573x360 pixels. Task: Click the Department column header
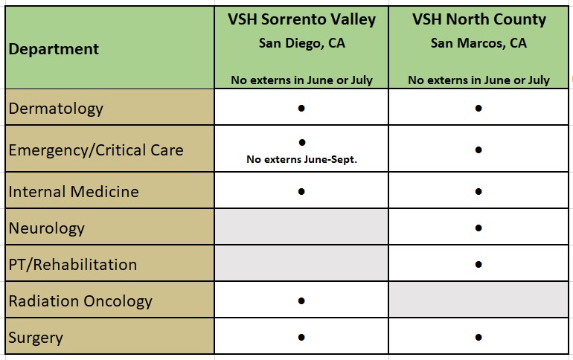click(54, 49)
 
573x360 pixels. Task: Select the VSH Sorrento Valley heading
click(301, 20)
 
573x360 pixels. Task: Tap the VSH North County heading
click(478, 20)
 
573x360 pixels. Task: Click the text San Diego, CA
click(302, 43)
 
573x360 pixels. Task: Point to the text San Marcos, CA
click(478, 43)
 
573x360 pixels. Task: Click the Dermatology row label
click(56, 109)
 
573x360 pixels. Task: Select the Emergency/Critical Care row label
click(96, 150)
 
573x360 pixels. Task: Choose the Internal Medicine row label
click(74, 192)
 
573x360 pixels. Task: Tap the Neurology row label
click(46, 228)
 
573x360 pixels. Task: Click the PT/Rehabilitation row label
click(73, 265)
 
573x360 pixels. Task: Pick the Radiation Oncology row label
click(80, 301)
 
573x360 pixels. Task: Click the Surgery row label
click(36, 338)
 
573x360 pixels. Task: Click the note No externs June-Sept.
click(301, 160)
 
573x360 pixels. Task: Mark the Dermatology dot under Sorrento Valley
click(301, 108)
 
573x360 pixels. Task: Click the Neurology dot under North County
click(478, 228)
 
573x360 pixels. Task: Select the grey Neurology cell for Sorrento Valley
click(301, 227)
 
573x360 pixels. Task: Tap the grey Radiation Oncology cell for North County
click(478, 300)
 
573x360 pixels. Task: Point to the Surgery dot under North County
click(478, 338)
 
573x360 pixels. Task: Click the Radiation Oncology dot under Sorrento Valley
click(301, 300)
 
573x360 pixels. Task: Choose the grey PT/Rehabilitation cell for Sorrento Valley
click(301, 263)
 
